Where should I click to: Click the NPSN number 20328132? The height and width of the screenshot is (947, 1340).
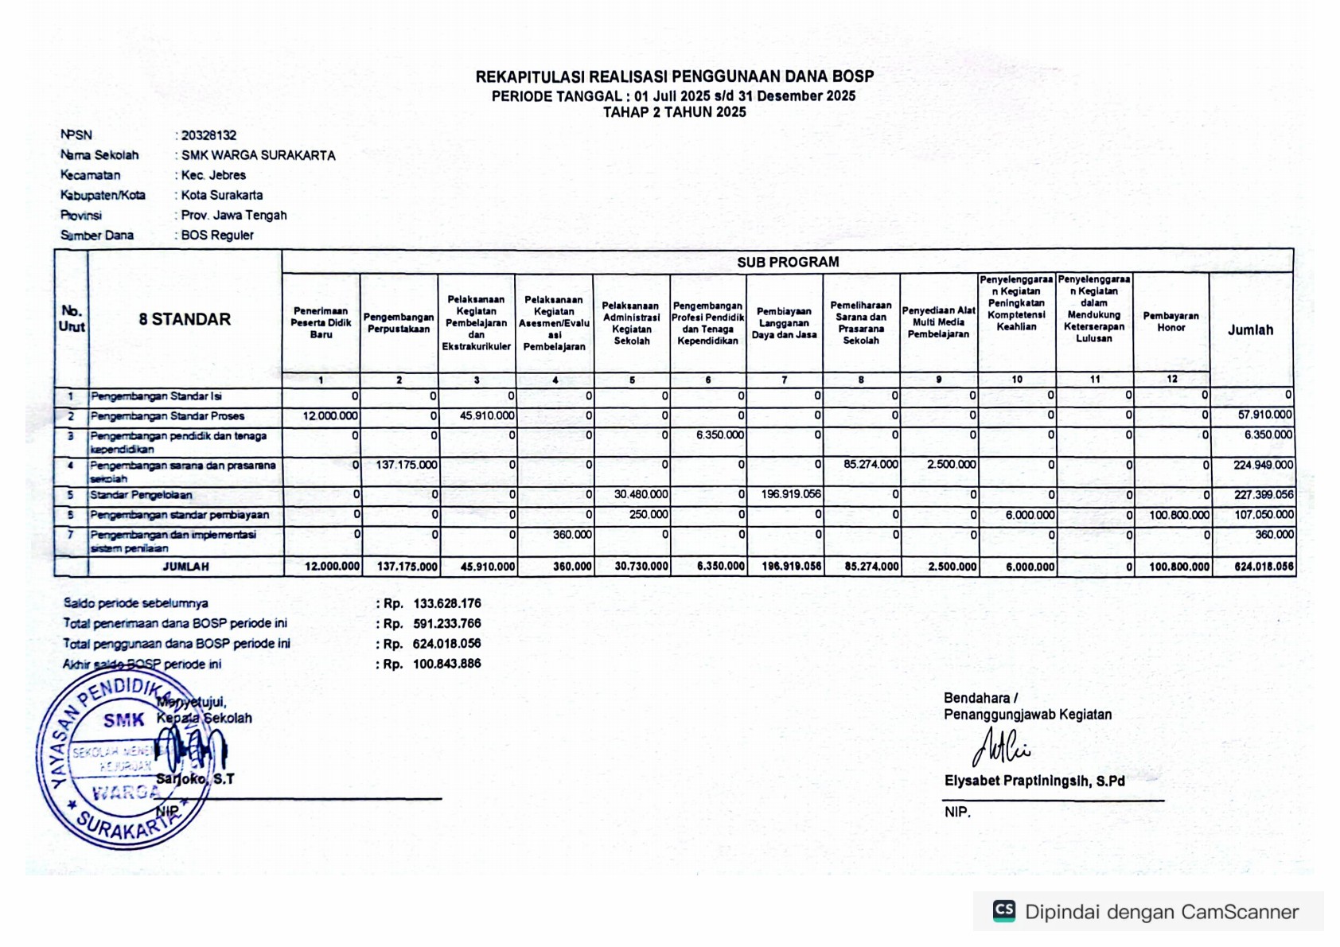[x=208, y=135]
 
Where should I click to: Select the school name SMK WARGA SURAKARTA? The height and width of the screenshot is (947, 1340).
[x=258, y=155]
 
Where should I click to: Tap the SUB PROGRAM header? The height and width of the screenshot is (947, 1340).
[x=787, y=262]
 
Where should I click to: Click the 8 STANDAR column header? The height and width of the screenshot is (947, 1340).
[x=185, y=319]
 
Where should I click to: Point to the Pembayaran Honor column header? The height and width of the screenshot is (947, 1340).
[x=1171, y=322]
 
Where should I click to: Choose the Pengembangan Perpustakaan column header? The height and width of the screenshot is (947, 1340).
[x=399, y=323]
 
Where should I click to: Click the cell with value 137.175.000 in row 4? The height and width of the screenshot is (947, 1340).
[x=406, y=465]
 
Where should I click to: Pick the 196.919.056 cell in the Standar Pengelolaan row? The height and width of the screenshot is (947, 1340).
[x=790, y=494]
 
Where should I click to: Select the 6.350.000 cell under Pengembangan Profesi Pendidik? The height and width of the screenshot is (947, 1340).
[x=719, y=435]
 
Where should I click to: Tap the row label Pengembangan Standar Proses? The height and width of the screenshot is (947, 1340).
[x=167, y=416]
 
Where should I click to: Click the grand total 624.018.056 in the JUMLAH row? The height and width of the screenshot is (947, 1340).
[x=1264, y=567]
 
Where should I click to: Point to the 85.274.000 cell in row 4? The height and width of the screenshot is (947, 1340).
[x=871, y=465]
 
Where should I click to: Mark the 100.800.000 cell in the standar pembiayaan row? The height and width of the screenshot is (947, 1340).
[x=1178, y=515]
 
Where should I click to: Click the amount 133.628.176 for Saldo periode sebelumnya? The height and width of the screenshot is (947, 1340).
[x=446, y=604]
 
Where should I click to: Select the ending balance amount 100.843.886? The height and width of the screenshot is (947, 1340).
[x=446, y=664]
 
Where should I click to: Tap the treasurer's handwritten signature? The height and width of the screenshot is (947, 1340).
[x=999, y=747]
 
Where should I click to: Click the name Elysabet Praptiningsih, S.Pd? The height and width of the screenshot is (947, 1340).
[x=1034, y=781]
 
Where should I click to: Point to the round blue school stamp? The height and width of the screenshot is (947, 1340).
[x=123, y=764]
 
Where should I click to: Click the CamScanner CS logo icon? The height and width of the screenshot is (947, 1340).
[x=1004, y=911]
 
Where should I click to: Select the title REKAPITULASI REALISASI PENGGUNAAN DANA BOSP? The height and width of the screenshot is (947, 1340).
[x=675, y=77]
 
